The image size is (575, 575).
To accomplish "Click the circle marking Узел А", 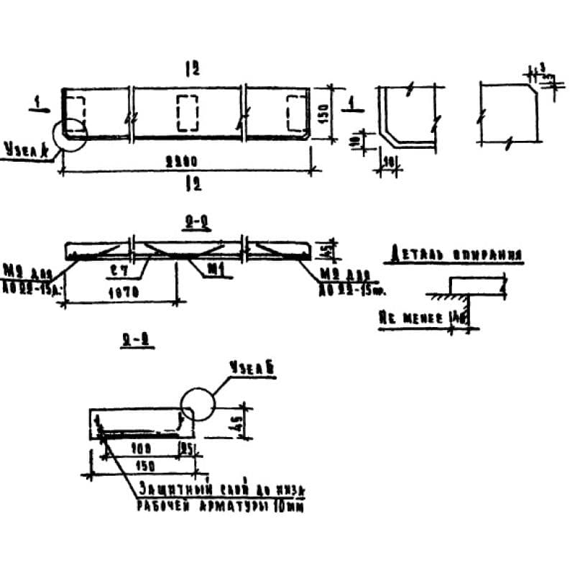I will (69, 134).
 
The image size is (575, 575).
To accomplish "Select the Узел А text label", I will (25, 151).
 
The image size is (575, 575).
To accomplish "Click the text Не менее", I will (410, 316).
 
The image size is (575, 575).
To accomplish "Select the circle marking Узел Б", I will (198, 404).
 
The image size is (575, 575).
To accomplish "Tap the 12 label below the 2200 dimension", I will (191, 183).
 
